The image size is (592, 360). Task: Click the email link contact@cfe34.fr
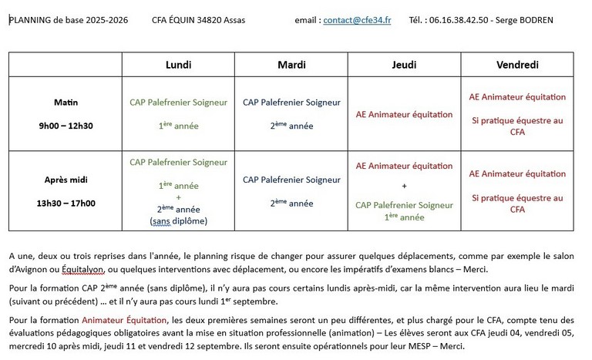pos(357,20)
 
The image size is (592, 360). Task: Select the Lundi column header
pos(179,66)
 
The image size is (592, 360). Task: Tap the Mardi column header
pos(292,66)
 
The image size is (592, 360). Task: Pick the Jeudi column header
pos(405,66)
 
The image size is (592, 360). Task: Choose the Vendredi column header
pos(517,66)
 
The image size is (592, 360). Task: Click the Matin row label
pos(66,102)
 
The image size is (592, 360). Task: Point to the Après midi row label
pos(66,180)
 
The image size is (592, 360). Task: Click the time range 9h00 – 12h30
pos(66,125)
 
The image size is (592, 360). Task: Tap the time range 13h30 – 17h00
pos(66,203)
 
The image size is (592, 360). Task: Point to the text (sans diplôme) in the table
pos(179,221)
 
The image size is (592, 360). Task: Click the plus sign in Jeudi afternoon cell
pos(405,186)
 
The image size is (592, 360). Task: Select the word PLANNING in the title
pos(30,20)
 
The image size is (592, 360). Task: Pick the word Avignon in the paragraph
pos(27,269)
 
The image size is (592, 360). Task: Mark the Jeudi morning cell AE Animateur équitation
pos(405,115)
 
